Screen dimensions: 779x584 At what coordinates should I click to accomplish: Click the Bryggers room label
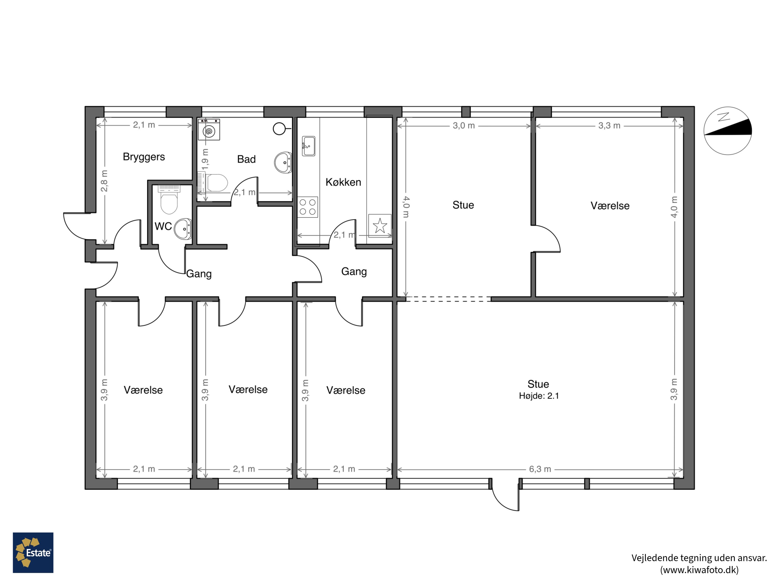(x=144, y=157)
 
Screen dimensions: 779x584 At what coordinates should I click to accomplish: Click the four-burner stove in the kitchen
(x=308, y=207)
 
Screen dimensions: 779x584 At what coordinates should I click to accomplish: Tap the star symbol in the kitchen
(x=380, y=225)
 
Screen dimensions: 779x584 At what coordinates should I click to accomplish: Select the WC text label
(x=163, y=226)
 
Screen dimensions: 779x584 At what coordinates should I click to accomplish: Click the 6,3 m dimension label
(x=540, y=469)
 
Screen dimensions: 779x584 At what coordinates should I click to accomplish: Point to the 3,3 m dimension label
(x=609, y=126)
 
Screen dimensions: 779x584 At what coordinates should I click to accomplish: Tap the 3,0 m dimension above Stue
(x=464, y=126)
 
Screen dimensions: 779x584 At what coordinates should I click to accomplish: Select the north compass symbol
(x=728, y=131)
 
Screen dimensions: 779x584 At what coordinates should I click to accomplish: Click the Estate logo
(x=33, y=552)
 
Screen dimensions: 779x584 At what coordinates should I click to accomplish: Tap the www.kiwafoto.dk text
(x=699, y=570)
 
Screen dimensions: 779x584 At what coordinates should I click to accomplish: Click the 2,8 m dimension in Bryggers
(x=105, y=181)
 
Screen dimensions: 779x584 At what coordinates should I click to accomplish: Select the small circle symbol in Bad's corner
(x=279, y=129)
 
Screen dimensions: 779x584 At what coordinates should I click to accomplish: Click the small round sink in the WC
(x=183, y=229)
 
